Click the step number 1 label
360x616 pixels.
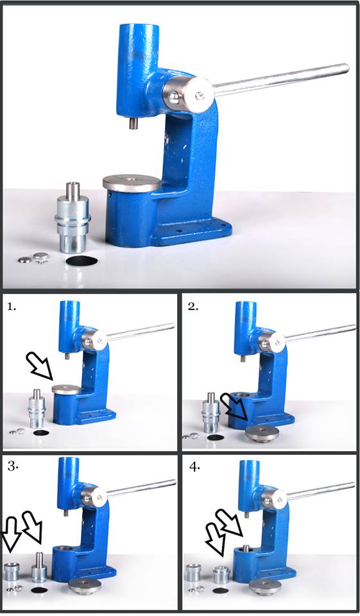coord(12,307)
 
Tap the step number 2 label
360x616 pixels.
coord(193,307)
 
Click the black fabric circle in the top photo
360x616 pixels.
coord(82,260)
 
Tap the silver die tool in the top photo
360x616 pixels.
coord(73,218)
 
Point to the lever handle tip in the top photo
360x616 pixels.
coord(347,67)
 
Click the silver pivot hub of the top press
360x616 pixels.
coord(188,94)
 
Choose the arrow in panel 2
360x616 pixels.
coord(234,407)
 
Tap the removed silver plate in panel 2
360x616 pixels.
coord(262,433)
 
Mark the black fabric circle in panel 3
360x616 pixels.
coord(39,590)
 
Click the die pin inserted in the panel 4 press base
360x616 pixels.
coord(246,547)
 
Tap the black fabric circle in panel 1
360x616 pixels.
coord(41,433)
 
